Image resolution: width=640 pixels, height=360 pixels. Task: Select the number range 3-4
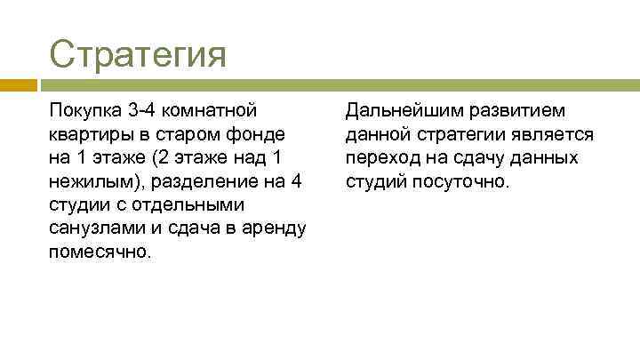point(140,112)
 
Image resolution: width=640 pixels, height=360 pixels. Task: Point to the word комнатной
point(209,112)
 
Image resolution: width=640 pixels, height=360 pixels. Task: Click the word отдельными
point(186,204)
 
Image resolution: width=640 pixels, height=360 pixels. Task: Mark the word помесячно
point(99,251)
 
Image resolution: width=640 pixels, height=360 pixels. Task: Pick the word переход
point(380,158)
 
